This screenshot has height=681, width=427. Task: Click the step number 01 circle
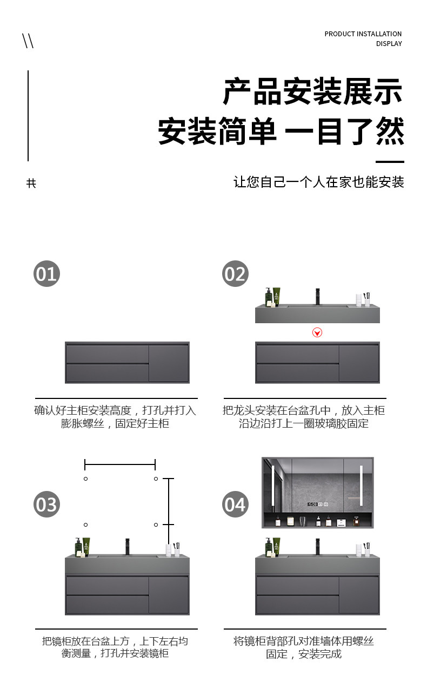[x=46, y=274]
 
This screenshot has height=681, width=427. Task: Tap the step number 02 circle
[x=235, y=274]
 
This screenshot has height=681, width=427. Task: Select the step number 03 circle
[x=46, y=505]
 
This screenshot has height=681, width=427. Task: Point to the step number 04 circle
[x=235, y=505]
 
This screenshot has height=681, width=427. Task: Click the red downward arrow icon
[x=317, y=332]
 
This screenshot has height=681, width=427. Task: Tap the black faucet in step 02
[x=317, y=296]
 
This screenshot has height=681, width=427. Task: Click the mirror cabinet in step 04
[x=317, y=493]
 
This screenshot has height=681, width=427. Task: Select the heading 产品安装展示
[x=313, y=91]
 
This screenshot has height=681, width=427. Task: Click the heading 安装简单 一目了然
[x=281, y=132]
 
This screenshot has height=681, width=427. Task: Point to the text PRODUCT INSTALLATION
[x=363, y=34]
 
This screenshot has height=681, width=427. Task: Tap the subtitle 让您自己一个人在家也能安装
[x=319, y=182]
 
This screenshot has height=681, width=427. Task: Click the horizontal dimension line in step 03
[x=120, y=464]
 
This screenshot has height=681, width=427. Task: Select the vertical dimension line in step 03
[x=169, y=501]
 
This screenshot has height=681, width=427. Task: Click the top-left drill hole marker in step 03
[x=85, y=479]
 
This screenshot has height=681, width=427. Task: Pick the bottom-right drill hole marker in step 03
[x=156, y=525]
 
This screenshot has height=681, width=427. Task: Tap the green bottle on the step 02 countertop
[x=277, y=297]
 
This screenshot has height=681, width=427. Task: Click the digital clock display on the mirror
[x=312, y=505]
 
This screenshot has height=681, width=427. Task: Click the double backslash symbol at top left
[x=28, y=41]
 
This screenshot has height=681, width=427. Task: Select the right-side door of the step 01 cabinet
[x=169, y=363]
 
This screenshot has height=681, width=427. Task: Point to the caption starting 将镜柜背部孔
[x=304, y=647]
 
